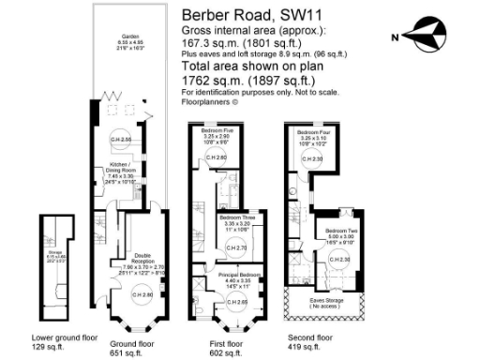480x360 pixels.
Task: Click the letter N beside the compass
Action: [x=397, y=37]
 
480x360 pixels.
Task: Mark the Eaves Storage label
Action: [x=327, y=301]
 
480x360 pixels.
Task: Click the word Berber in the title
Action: [x=209, y=15]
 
